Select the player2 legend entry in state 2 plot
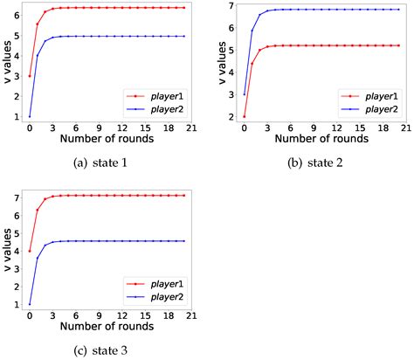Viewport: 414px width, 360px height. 372,107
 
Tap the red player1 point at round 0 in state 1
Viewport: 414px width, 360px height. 30,76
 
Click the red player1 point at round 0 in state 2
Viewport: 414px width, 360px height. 244,116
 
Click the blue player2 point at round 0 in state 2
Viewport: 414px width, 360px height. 244,94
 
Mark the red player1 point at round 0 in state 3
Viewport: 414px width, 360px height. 30,252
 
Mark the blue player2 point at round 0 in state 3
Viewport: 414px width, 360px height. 30,305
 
